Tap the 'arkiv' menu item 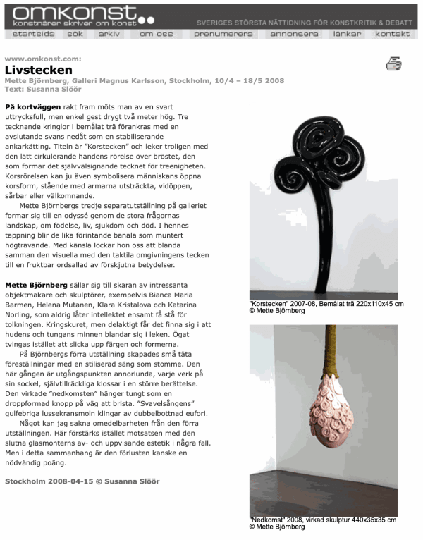[x=109, y=34]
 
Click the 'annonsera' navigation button [x=294, y=34]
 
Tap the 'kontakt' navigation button [x=392, y=34]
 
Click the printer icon [x=393, y=65]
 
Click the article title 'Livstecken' [x=39, y=70]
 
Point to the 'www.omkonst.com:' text [x=42, y=59]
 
